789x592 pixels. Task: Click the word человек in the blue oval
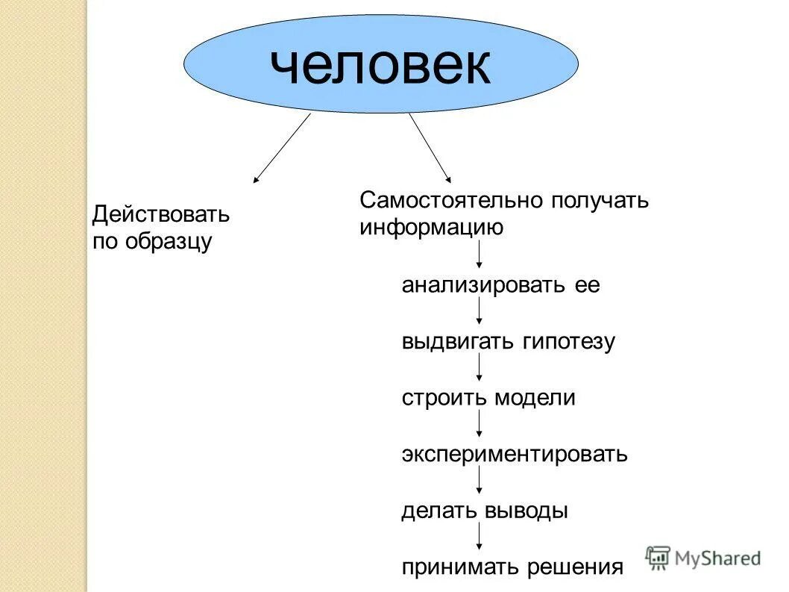[380, 66]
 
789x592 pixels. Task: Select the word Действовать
[160, 216]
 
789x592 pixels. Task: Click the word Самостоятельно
[453, 200]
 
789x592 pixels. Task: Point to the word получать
[601, 200]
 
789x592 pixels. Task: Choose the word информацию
[431, 227]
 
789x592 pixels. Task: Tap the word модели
[535, 398]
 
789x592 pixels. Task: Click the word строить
[444, 398]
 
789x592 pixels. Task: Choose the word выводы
[526, 511]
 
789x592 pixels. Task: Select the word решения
[575, 567]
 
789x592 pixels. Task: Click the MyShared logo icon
[658, 557]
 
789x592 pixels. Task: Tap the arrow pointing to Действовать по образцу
[282, 148]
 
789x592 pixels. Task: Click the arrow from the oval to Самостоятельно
[430, 148]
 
